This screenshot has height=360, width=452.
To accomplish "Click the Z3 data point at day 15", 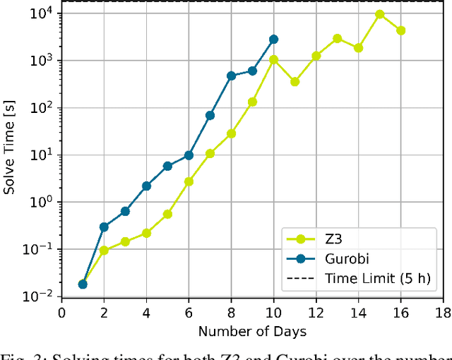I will pos(380,14).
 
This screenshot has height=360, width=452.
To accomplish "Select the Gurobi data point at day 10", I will pos(273,40).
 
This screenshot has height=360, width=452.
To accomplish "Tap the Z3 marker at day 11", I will pos(295,82).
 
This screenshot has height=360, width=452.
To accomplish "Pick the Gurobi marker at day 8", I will pos(231,76).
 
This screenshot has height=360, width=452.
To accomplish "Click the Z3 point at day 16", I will pos(401,30).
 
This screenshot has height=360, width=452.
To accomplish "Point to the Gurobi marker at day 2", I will pos(104,227).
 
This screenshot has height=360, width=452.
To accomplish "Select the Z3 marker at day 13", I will pos(338,38).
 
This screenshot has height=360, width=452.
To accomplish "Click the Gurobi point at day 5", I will pos(167,166).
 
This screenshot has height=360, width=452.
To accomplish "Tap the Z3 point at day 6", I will pos(189,181).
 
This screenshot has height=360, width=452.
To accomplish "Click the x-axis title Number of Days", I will pos(252,330).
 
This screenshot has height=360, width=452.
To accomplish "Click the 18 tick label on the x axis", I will pos(443,312).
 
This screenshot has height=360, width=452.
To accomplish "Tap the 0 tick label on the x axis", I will pos(61,312).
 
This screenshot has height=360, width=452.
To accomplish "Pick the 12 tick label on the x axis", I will pos(316,312).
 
